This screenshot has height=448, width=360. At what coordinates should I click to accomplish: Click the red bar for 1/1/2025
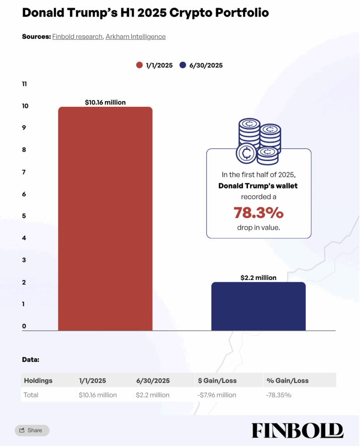point(105,219)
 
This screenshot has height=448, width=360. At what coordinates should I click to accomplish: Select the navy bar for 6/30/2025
point(258,306)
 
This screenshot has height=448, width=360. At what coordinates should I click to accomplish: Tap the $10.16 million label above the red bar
point(105,102)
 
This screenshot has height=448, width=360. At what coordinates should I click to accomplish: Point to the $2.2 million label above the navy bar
point(258,277)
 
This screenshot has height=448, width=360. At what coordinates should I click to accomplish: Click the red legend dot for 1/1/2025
point(140,65)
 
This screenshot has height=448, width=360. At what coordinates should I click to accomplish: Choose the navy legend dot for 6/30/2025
point(183,65)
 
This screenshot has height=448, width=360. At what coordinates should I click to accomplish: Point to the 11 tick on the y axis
point(24,84)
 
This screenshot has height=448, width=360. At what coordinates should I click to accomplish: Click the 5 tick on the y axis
point(24,216)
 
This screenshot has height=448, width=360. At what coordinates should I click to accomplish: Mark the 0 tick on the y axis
point(24,326)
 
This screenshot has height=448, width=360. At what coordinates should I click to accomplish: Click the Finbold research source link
point(77,37)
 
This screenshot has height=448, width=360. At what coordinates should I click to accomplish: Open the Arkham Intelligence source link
point(135,37)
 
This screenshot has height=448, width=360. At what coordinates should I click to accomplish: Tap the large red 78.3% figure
point(258,213)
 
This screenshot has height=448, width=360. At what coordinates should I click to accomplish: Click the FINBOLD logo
point(297,430)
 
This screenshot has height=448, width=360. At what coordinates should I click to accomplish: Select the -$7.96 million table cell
point(217,395)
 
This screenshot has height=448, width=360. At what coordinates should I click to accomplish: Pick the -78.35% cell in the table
point(279,395)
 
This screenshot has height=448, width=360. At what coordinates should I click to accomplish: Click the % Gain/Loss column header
point(287,381)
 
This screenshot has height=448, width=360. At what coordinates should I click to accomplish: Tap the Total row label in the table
point(31,395)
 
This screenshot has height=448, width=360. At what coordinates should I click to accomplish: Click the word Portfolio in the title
point(240,13)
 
